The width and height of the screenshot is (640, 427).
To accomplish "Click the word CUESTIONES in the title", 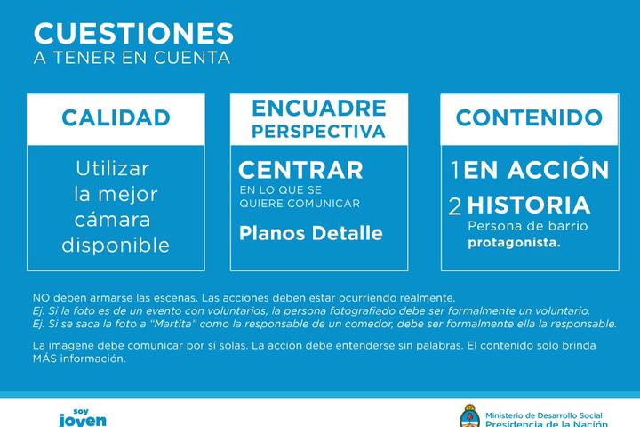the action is (x=133, y=33).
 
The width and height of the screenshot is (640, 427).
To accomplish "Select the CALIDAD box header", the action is (x=116, y=117).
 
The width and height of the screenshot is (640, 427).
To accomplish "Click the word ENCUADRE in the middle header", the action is (x=319, y=108).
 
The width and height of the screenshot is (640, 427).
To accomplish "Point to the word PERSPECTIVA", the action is (x=319, y=131).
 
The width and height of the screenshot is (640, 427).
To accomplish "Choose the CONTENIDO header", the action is (x=529, y=117).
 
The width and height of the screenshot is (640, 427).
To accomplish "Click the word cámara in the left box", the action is (x=113, y=220).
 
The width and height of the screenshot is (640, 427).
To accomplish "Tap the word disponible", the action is (x=116, y=245).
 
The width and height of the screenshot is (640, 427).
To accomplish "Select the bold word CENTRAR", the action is (x=300, y=170).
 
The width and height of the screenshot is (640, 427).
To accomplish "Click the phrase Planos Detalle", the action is (x=311, y=233).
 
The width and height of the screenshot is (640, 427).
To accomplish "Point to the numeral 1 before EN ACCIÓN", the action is (x=455, y=170).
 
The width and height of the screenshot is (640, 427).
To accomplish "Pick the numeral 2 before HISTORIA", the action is (x=455, y=206).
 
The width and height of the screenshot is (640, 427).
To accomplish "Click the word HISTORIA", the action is (x=529, y=205).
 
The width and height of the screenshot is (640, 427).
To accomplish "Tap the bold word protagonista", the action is (x=515, y=243).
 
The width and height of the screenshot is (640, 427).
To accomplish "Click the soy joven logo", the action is (x=83, y=417).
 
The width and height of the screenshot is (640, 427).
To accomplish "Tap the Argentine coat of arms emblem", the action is (x=470, y=416).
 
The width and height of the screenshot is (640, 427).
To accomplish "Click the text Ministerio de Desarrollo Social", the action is (x=544, y=415).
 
